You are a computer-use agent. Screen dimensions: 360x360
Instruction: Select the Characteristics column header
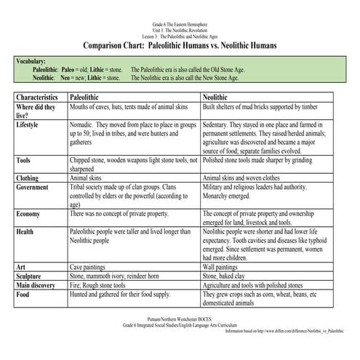[x=37, y=96]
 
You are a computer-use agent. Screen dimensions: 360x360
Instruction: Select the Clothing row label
[x=28, y=177]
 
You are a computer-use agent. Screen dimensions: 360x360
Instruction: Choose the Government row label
[x=33, y=186]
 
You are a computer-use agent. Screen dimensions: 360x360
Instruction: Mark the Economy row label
[x=28, y=214]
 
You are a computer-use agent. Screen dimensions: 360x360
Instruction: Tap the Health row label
[x=25, y=232]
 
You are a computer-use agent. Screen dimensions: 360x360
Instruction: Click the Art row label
[x=20, y=268]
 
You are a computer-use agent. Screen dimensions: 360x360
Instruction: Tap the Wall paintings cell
[x=225, y=268]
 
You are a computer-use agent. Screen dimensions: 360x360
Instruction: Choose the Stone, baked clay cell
[x=229, y=276]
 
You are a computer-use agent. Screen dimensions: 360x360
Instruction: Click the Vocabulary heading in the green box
[x=31, y=63]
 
